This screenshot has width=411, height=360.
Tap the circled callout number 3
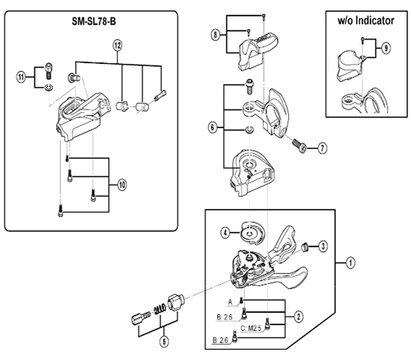click(x=322, y=246)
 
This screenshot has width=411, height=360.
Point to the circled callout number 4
click(x=225, y=232)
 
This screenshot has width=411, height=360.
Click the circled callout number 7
click(x=322, y=149)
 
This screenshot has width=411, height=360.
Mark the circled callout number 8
click(x=217, y=35)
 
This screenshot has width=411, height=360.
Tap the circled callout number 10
click(x=121, y=185)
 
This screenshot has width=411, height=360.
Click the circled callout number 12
click(x=117, y=45)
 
